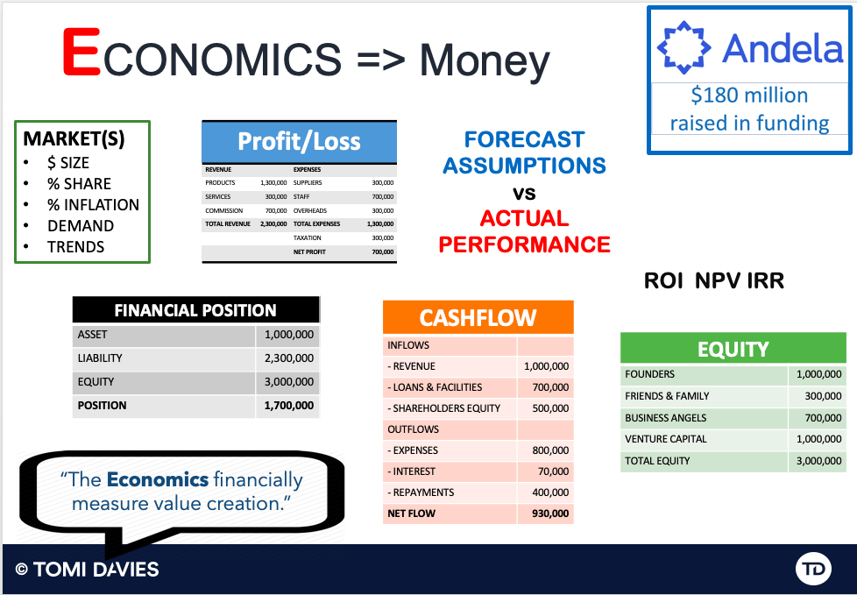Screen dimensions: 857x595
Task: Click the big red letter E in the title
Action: coord(81,53)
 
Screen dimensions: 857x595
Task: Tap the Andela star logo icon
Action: coord(683,47)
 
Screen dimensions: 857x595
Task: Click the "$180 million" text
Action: coord(749,95)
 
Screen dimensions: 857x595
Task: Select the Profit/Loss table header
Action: coord(299,141)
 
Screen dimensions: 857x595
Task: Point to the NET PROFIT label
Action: coord(309,251)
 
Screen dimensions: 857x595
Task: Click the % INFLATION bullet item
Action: coord(93,205)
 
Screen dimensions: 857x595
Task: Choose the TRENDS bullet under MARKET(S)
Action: coord(75,247)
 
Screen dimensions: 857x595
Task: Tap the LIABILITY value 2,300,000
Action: coord(289,358)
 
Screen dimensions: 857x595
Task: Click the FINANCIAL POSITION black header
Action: coord(195,310)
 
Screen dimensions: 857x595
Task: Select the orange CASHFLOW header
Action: coord(478,317)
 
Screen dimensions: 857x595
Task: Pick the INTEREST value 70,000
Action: coord(553,471)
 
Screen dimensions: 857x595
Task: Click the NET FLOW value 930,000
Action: coord(549,514)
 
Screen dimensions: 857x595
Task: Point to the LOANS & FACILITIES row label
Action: coord(435,387)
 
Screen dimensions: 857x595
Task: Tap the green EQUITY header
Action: coord(733,349)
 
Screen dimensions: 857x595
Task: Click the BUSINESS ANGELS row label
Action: coord(666,418)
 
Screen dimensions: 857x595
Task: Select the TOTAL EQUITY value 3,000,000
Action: coord(818,461)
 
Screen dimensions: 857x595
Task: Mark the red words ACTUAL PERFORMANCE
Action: coord(525,231)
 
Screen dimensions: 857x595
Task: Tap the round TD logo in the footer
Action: coord(813,569)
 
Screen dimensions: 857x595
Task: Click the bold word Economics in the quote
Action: coord(158,479)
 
